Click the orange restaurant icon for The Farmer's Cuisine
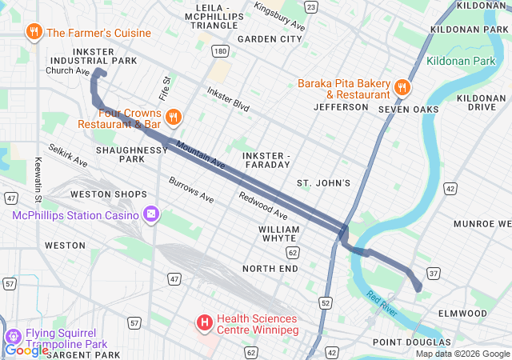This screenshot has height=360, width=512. [x=34, y=33]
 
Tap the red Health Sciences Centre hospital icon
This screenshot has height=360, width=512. [x=204, y=322]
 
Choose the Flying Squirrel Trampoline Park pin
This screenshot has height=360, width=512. [x=14, y=337]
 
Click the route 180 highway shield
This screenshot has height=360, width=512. [x=220, y=51]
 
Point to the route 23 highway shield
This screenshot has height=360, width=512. [x=310, y=7]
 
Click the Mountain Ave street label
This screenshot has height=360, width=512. [x=200, y=155]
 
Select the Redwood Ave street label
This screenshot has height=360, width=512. [x=262, y=206]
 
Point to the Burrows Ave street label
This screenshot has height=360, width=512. [x=191, y=189]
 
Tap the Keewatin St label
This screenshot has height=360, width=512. [x=38, y=180]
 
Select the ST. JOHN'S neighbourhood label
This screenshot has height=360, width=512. [x=323, y=183]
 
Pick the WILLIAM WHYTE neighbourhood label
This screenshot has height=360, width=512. [x=278, y=234]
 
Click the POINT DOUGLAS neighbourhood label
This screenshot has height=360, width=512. [x=406, y=342]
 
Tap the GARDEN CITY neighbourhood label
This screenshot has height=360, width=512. [x=270, y=38]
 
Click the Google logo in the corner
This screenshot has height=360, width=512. [x=26, y=350]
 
